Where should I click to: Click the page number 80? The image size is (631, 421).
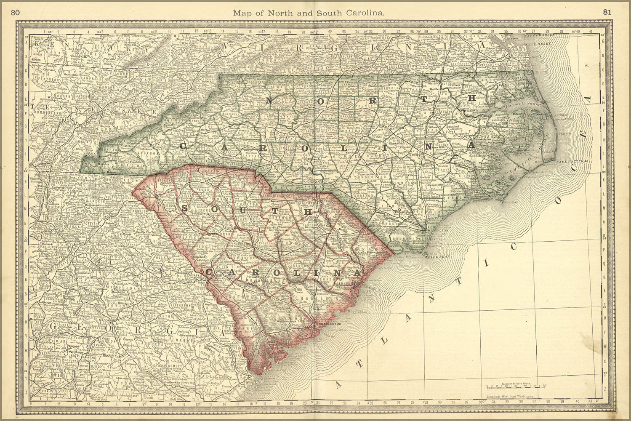click(15, 13)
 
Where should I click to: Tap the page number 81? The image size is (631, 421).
click(607, 12)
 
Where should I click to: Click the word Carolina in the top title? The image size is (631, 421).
click(365, 13)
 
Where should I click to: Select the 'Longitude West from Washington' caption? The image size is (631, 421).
click(509, 397)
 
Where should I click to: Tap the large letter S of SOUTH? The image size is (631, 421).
click(185, 208)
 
